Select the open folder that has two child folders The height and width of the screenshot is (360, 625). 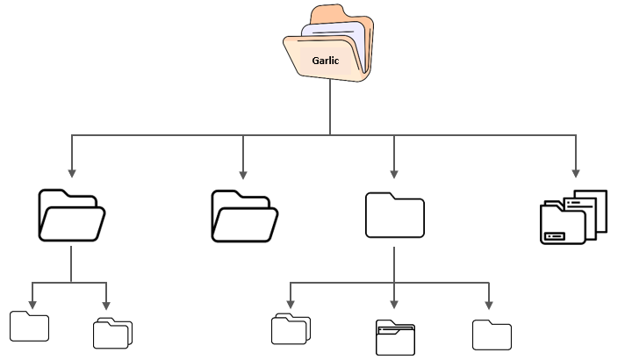(x=71, y=215)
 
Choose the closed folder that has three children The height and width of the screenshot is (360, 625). (x=394, y=215)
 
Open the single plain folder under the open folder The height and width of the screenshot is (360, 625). (x=29, y=326)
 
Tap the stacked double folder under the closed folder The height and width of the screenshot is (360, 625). (x=290, y=328)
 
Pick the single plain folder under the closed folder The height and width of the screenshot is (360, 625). (x=492, y=335)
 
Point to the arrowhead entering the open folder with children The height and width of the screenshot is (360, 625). (x=71, y=173)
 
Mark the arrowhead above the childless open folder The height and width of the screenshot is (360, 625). (x=243, y=173)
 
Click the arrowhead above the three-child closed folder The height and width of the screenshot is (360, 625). (x=394, y=173)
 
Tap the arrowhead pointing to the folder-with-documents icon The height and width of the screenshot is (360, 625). (x=576, y=173)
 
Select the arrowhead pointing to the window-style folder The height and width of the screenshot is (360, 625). (x=394, y=304)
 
